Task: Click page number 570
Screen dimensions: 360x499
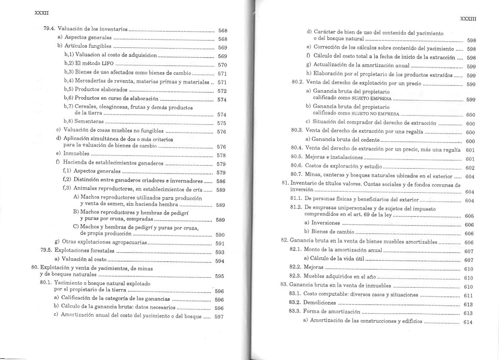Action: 222,65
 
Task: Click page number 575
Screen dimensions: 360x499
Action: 222,123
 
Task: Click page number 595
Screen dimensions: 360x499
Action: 220,277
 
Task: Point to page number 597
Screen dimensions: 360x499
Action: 219,317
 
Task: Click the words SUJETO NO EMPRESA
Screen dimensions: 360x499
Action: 376,114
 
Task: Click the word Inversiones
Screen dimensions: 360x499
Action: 325,223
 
